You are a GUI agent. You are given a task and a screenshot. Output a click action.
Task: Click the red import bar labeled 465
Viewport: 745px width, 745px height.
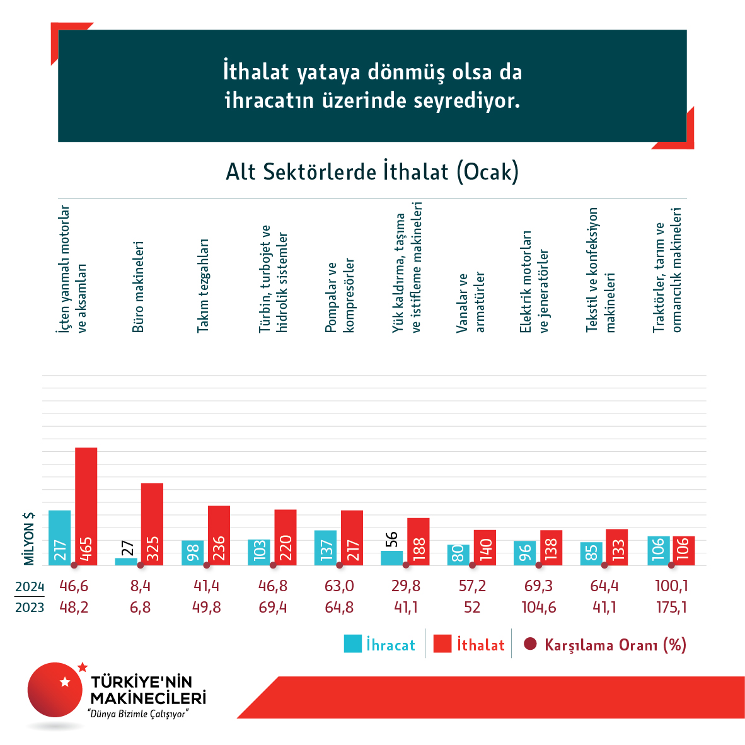pyautogui.click(x=86, y=505)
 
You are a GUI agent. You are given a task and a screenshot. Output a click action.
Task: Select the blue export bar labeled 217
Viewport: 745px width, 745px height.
pyautogui.click(x=60, y=537)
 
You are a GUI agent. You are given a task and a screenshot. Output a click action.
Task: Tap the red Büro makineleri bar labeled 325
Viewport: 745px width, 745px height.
pyautogui.click(x=152, y=523)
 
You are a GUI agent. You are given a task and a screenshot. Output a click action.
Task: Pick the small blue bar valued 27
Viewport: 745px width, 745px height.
pyautogui.click(x=126, y=561)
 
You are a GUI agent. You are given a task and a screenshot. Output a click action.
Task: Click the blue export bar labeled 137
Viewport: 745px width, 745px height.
pyautogui.click(x=325, y=547)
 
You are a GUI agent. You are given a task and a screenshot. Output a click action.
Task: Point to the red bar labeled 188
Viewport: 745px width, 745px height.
pyautogui.click(x=419, y=541)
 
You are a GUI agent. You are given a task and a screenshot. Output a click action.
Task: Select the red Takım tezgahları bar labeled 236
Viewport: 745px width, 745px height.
pyautogui.click(x=219, y=534)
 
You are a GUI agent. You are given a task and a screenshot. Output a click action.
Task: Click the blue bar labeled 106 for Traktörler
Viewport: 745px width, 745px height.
pyautogui.click(x=659, y=550)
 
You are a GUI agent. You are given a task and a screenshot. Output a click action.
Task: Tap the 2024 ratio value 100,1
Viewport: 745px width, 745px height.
pyautogui.click(x=671, y=586)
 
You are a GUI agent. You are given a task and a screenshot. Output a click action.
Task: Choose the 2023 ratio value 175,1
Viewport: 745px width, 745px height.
pyautogui.click(x=671, y=608)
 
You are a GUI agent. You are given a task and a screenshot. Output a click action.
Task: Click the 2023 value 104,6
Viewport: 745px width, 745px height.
pyautogui.click(x=538, y=608)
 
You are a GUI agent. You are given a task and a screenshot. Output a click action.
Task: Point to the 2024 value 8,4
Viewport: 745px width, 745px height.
pyautogui.click(x=140, y=586)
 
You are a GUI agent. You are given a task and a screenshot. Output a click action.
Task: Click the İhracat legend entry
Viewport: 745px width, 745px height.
pyautogui.click(x=379, y=645)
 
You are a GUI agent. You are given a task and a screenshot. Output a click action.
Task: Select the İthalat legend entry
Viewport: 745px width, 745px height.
pyautogui.click(x=470, y=645)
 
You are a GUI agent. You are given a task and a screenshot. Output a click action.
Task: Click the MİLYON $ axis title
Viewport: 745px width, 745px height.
pyautogui.click(x=29, y=538)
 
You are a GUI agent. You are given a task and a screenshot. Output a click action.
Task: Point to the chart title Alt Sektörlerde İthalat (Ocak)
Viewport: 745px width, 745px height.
pyautogui.click(x=372, y=171)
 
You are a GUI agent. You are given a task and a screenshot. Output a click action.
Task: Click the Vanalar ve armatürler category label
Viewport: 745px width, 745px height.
pyautogui.click(x=471, y=303)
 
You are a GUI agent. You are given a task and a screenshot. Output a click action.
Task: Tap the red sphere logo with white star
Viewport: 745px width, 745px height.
pyautogui.click(x=55, y=690)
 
